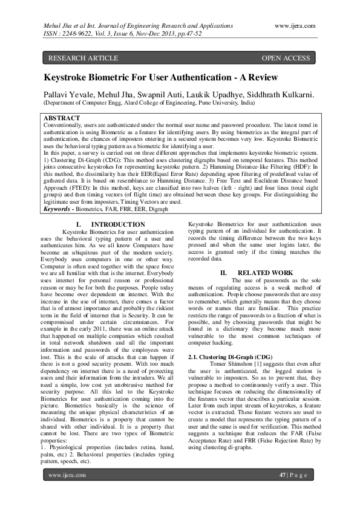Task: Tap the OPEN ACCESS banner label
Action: pyautogui.click(x=286, y=58)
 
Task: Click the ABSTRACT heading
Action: pyautogui.click(x=62, y=117)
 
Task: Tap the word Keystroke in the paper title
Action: pyautogui.click(x=70, y=77)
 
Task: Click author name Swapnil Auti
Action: pyautogui.click(x=154, y=95)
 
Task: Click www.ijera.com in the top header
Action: pyautogui.click(x=295, y=26)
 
